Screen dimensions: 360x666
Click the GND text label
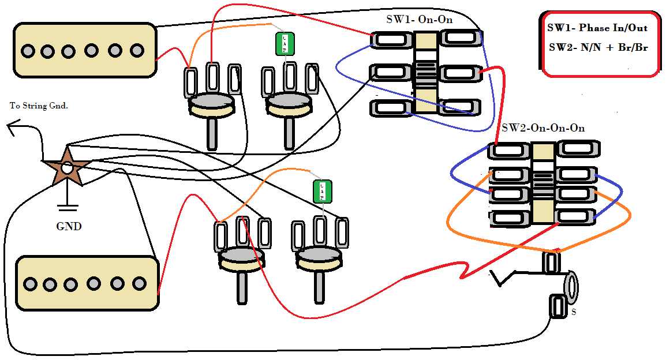click(69, 227)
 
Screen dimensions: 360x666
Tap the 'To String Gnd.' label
click(39, 106)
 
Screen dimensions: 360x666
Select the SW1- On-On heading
click(419, 19)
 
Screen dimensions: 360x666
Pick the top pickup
click(85, 50)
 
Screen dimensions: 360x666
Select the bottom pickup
click(87, 283)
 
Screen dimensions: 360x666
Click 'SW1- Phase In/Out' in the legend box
click(597, 28)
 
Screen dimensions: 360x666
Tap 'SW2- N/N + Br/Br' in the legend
click(598, 47)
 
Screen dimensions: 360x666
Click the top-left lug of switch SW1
click(390, 39)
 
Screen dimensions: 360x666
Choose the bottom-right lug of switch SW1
click(460, 107)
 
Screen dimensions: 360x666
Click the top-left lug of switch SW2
click(508, 151)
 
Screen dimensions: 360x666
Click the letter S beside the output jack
click(573, 312)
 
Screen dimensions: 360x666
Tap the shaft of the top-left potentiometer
click(212, 133)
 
